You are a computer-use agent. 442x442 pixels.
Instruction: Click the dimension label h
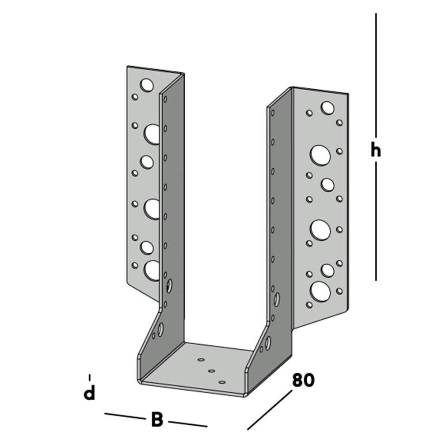pos(376,151)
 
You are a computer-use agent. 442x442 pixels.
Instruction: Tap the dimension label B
pos(157,420)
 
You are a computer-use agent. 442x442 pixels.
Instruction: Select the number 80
pos(303,380)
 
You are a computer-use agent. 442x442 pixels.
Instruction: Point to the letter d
pos(90,393)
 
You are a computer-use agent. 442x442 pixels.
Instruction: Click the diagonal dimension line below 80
pos(270,409)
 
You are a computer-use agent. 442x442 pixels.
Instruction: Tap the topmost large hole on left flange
pos(147,84)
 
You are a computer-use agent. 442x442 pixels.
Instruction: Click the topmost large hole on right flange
pos(327,107)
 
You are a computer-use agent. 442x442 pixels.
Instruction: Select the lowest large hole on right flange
pos(320,291)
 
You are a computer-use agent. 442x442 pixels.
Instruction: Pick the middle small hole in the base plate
pos(211,371)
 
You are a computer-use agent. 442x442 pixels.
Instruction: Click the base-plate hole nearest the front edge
pos(222,382)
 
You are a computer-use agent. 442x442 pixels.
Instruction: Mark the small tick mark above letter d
pos(90,377)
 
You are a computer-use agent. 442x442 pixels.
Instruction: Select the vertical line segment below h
pos(376,221)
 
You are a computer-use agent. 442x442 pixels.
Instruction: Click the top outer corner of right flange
pos(348,94)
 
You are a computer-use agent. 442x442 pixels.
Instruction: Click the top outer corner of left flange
pos(127,67)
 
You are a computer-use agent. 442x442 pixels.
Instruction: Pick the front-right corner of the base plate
pos(244,394)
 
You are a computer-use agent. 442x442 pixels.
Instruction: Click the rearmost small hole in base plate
pos(201,360)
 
